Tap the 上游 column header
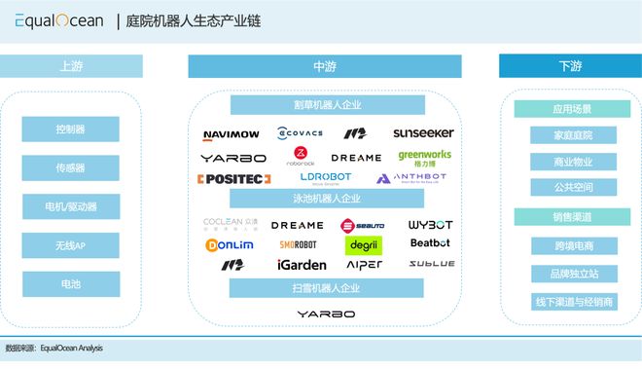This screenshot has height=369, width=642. pyautogui.click(x=72, y=66)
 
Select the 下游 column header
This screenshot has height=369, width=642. pyautogui.click(x=570, y=66)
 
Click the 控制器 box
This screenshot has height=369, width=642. pyautogui.click(x=71, y=129)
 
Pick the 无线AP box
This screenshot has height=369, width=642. pyautogui.click(x=71, y=245)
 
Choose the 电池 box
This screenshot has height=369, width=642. pyautogui.click(x=71, y=284)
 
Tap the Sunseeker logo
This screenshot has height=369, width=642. pyautogui.click(x=423, y=133)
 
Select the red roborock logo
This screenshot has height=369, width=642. pyautogui.click(x=301, y=157)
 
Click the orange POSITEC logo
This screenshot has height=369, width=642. pyautogui.click(x=233, y=179)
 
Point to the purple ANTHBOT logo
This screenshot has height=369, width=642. pyautogui.click(x=411, y=179)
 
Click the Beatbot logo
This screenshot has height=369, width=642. pyautogui.click(x=430, y=243)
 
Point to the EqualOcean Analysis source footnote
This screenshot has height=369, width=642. pyautogui.click(x=54, y=348)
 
